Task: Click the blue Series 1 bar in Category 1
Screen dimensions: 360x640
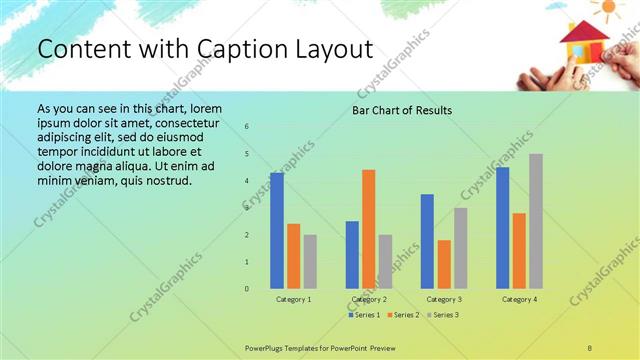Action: (x=276, y=231)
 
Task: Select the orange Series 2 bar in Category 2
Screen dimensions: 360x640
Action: (x=368, y=229)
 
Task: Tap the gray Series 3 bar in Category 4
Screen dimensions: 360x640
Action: (x=536, y=221)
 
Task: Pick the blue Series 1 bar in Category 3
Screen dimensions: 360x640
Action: (x=427, y=241)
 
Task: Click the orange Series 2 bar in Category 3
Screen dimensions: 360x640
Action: (x=444, y=264)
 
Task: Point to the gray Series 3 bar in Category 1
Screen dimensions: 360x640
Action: (x=310, y=262)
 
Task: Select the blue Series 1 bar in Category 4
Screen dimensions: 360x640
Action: (x=502, y=228)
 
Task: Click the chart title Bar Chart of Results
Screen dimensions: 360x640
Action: (x=402, y=110)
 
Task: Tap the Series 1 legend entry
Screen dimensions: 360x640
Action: (x=363, y=315)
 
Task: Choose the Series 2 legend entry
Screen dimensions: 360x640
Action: (x=402, y=315)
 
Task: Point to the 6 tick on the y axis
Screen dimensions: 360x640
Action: (x=247, y=127)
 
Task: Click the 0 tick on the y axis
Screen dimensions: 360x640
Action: (x=247, y=289)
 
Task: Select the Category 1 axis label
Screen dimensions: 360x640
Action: (x=293, y=299)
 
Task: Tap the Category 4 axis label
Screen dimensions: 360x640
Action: (x=519, y=299)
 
